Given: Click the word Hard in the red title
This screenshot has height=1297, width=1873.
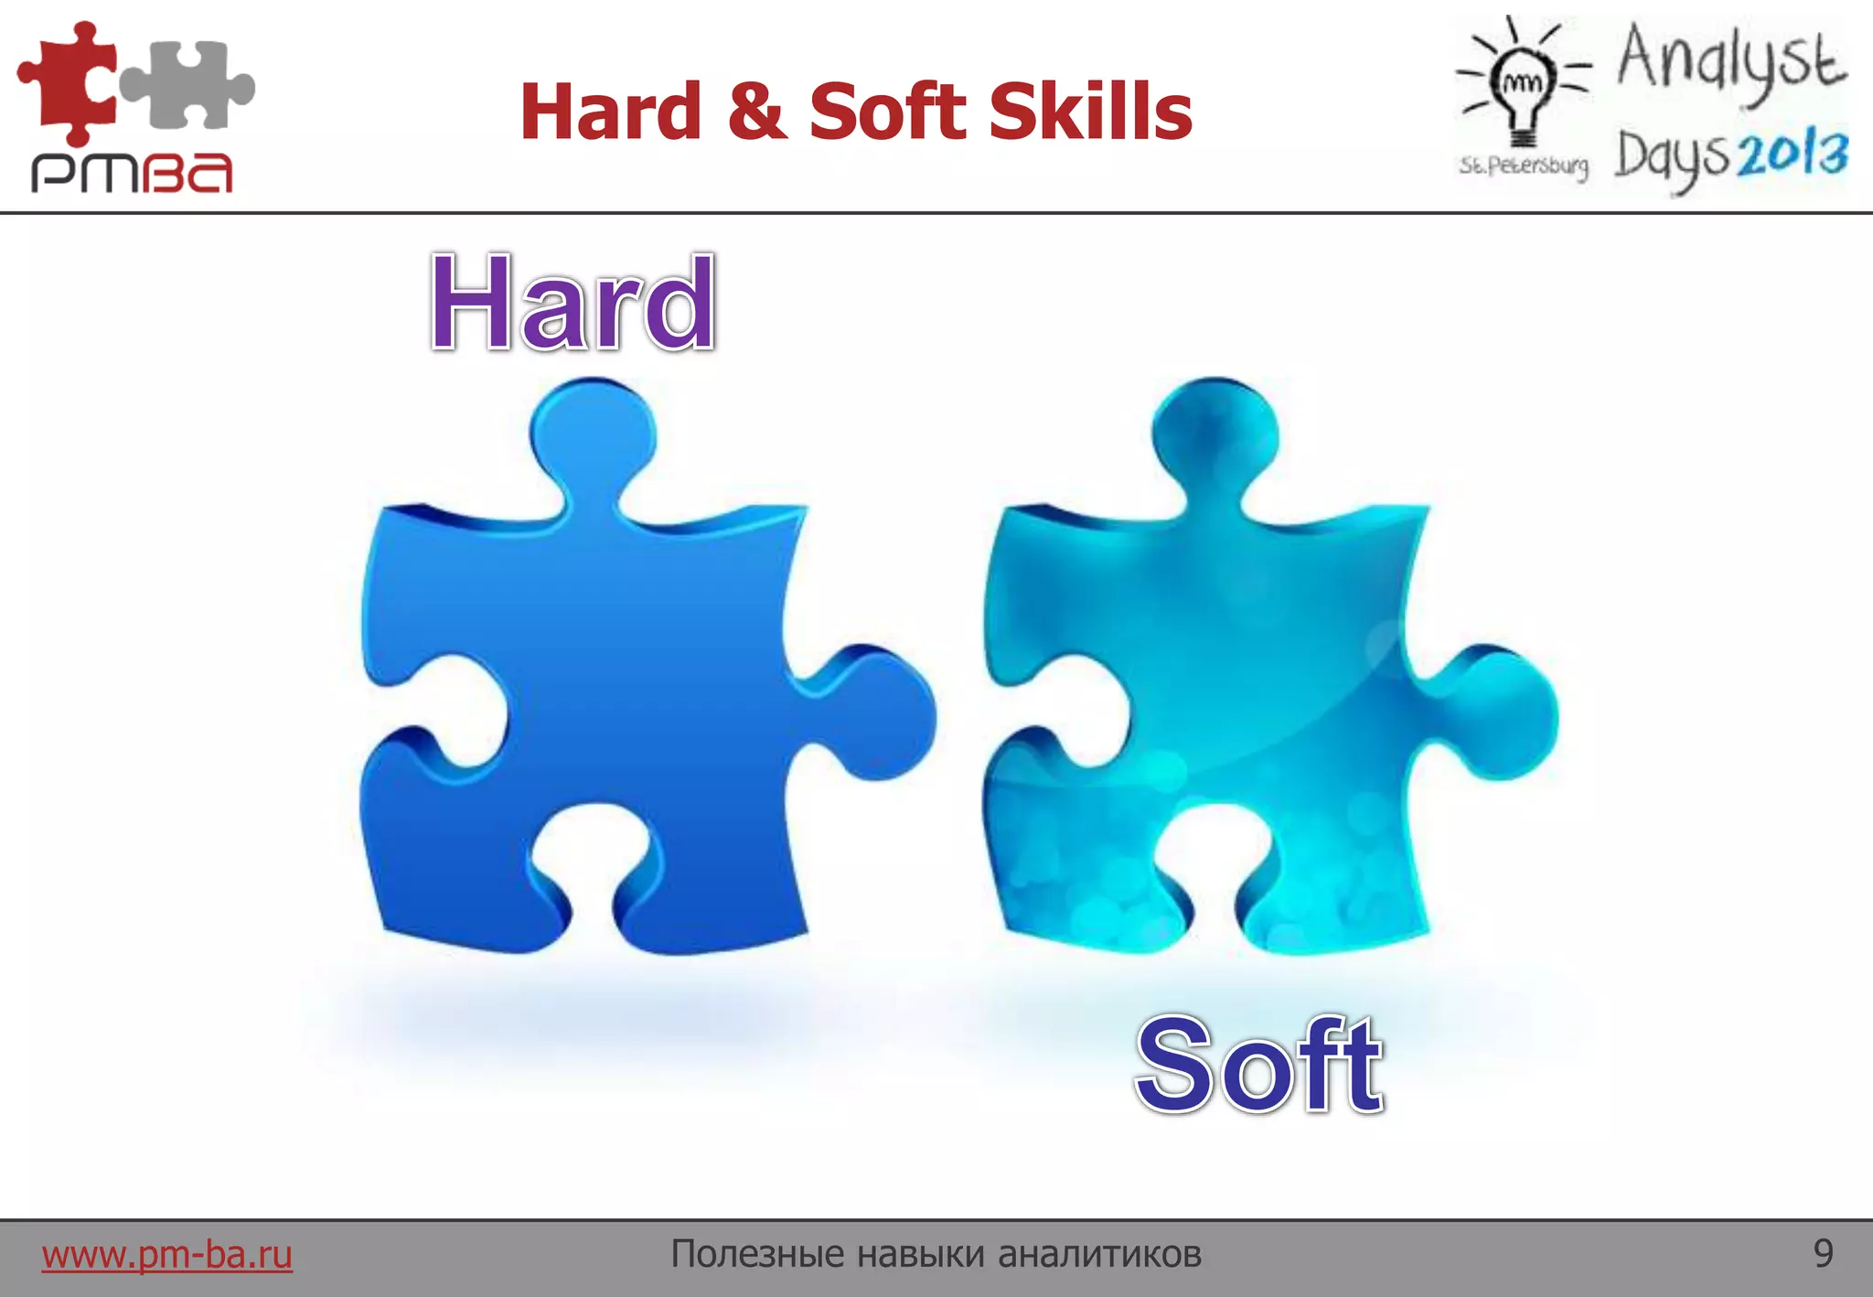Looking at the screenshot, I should point(610,112).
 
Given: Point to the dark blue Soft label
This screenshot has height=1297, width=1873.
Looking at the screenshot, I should point(1258,1066).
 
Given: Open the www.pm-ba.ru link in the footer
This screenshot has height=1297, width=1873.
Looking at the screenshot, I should point(166,1254).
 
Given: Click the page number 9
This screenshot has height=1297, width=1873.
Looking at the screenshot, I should point(1823,1253).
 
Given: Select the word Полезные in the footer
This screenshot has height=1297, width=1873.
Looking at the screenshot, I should point(758,1254).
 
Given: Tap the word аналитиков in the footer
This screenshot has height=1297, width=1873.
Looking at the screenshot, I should point(1099,1254).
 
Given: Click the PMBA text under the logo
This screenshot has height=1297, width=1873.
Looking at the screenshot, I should point(133,173).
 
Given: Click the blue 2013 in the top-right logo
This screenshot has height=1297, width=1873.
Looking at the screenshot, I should point(1793,155).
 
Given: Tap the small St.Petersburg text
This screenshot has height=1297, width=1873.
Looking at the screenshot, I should point(1524,166).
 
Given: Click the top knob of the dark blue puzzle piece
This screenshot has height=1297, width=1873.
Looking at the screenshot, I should point(593,430).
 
